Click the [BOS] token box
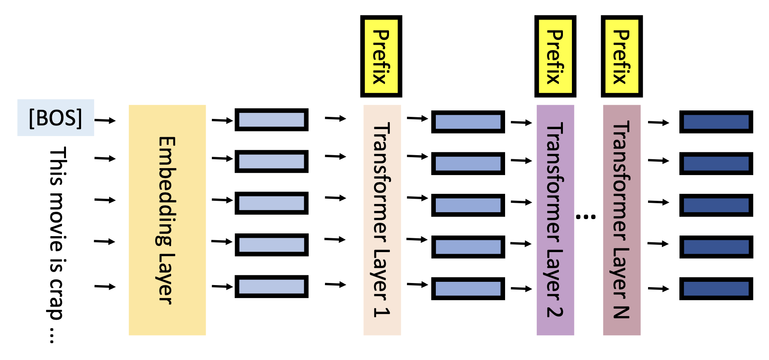tap(55, 118)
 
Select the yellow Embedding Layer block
tap(167, 220)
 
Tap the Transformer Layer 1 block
tap(382, 220)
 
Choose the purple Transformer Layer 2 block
tap(555, 220)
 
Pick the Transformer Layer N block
tap(621, 220)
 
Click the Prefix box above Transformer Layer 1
tap(381, 57)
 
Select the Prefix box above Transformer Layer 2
tap(555, 57)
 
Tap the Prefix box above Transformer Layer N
tap(622, 57)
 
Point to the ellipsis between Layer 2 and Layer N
tap(586, 217)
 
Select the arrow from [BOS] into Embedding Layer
tap(105, 121)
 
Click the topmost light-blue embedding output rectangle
tap(271, 120)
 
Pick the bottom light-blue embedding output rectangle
tap(271, 286)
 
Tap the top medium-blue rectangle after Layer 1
tap(468, 122)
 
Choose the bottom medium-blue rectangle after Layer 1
tap(468, 288)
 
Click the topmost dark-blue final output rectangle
tap(716, 122)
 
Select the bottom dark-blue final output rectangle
tap(716, 288)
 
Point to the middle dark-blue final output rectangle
tap(716, 205)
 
